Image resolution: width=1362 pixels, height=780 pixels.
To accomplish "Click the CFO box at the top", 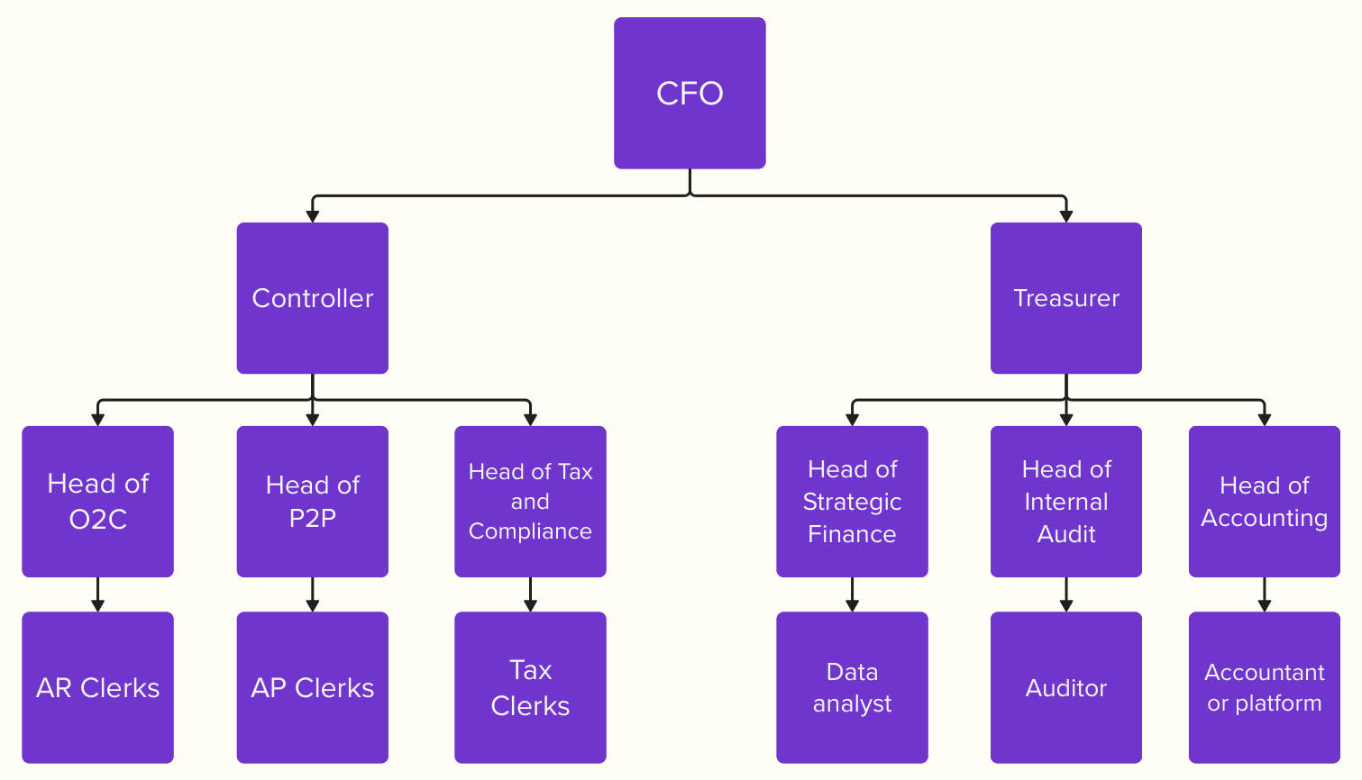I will (x=690, y=93).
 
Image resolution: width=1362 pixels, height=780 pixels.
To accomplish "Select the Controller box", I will (x=312, y=298).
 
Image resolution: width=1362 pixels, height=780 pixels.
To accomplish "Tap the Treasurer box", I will (x=1065, y=298).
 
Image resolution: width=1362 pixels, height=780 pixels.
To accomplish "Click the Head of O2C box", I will (x=97, y=501).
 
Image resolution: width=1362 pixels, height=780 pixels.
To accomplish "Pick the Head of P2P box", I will (x=312, y=501).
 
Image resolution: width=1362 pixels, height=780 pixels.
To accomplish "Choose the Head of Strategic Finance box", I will (x=852, y=501).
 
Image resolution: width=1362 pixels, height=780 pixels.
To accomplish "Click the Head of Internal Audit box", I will (x=1065, y=501).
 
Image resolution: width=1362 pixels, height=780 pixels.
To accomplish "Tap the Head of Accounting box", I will (x=1264, y=501).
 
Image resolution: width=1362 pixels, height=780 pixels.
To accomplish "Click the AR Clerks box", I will (x=97, y=687).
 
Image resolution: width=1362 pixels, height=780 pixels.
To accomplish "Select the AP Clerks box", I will (x=312, y=687).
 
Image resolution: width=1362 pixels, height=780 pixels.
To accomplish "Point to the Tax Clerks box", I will (x=530, y=687).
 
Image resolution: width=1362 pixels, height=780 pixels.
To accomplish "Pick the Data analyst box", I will (x=852, y=687).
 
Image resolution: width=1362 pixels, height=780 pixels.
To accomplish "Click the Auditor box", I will (x=1065, y=687).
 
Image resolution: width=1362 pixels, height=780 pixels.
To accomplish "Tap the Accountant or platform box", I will (x=1264, y=687).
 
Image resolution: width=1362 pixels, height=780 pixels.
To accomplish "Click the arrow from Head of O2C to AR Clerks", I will (x=97, y=594).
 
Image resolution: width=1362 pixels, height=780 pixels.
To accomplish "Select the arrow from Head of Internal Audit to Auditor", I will (x=1066, y=594).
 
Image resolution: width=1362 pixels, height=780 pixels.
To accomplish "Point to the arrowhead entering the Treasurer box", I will (x=1066, y=216).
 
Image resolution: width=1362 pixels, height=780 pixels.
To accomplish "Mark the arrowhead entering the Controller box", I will (x=313, y=216).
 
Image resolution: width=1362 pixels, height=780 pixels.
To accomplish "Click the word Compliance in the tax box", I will (x=530, y=531).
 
